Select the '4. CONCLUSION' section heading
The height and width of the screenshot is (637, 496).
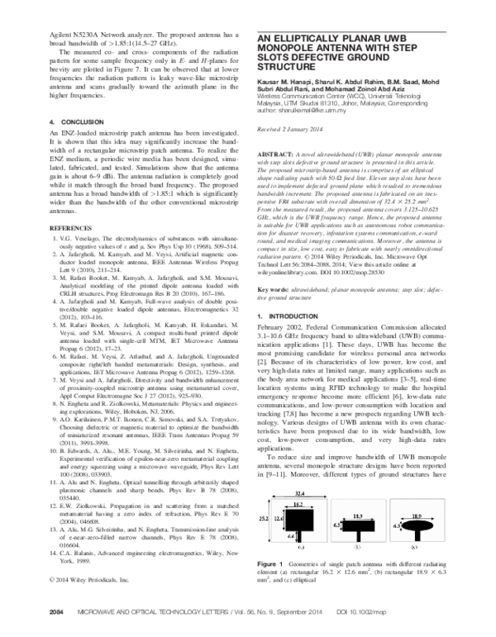coord(76,121)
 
